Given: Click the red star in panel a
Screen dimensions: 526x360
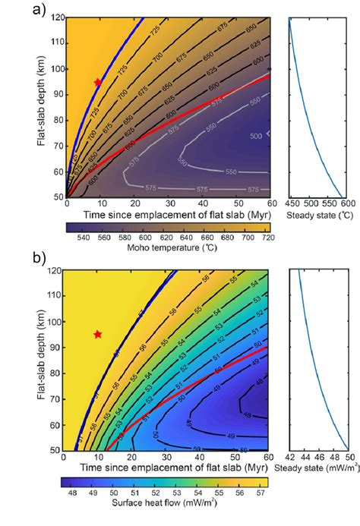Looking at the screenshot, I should [97, 82].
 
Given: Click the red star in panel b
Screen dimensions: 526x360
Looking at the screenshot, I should [97, 334].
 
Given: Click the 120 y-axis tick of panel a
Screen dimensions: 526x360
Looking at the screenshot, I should [57, 17].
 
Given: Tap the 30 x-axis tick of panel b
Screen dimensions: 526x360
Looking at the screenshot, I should [168, 458].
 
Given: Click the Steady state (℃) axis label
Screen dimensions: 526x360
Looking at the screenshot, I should [318, 216].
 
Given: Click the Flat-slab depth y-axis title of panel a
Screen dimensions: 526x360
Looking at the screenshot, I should [43, 106].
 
